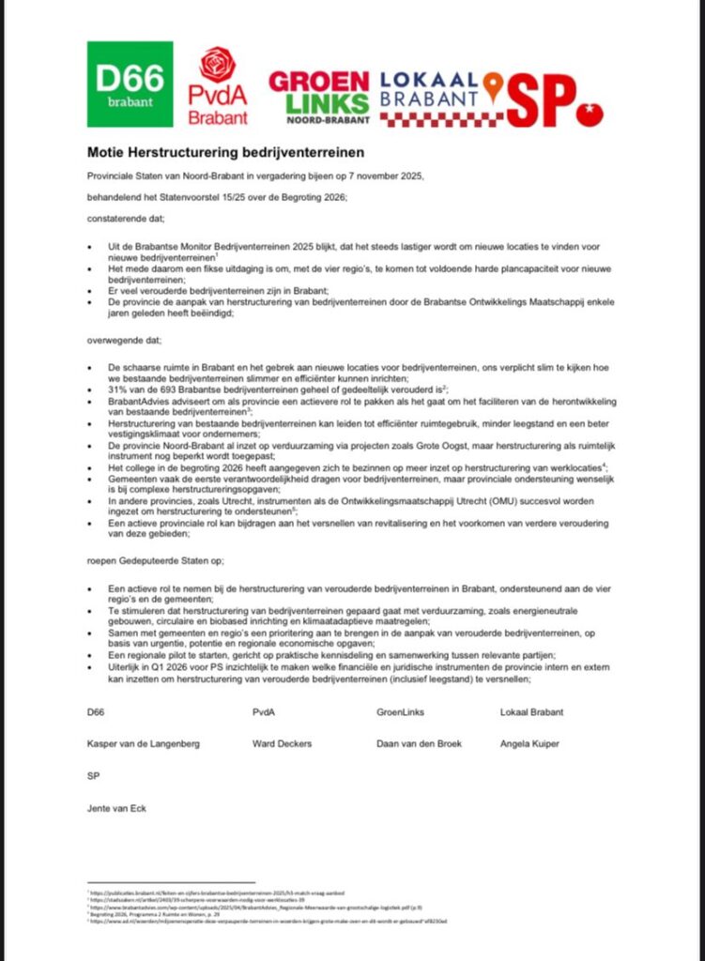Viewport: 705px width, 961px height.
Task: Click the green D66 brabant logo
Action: tap(130, 84)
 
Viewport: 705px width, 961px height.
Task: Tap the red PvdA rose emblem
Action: tap(218, 65)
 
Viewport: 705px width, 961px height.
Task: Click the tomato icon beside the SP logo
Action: tap(590, 112)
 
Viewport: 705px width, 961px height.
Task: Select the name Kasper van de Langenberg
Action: tap(144, 744)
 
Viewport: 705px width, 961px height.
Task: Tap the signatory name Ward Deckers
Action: tap(282, 744)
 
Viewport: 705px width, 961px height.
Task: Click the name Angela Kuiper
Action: tap(529, 744)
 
